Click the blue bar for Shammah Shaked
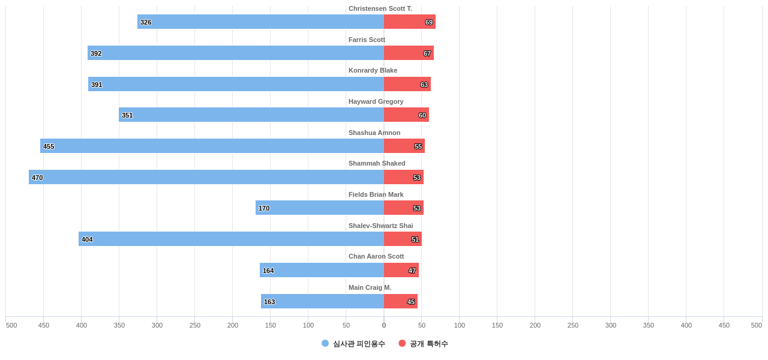[x=206, y=177]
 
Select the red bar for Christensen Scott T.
[x=410, y=22]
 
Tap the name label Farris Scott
[x=367, y=40]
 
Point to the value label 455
[x=49, y=146]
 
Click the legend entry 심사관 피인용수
[x=353, y=344]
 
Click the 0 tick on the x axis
[x=384, y=325]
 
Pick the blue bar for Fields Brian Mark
[x=320, y=208]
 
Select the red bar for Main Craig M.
[x=401, y=301]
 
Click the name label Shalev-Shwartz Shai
[x=380, y=226]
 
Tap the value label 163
[x=269, y=302]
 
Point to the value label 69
[x=429, y=22]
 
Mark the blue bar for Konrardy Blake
[x=236, y=84]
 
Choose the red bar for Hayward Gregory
[x=406, y=115]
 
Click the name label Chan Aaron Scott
[x=376, y=256]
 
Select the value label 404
[x=87, y=239]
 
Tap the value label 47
[x=412, y=271]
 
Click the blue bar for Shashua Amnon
[x=212, y=146]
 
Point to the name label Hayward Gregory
[x=376, y=101]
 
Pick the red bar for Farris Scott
[x=409, y=53]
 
